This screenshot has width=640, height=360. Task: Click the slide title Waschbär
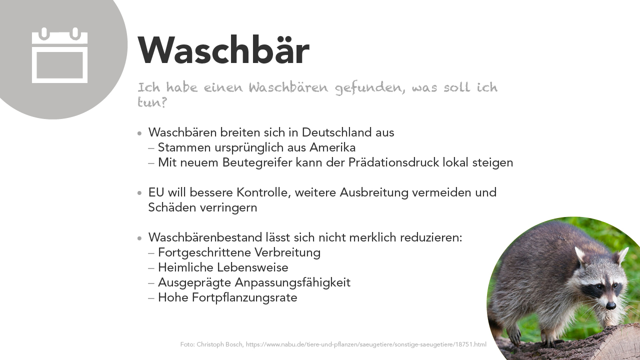223,50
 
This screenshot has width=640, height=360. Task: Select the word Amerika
332,147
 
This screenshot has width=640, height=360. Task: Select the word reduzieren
431,237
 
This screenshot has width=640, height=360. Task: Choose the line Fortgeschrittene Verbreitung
239,252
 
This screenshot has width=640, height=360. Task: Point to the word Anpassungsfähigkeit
292,282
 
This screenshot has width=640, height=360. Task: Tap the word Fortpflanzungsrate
244,297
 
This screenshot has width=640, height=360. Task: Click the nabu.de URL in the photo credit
366,344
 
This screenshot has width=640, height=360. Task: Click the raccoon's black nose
610,305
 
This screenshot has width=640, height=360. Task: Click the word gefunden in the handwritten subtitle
370,87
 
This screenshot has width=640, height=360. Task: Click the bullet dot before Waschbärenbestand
139,238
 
